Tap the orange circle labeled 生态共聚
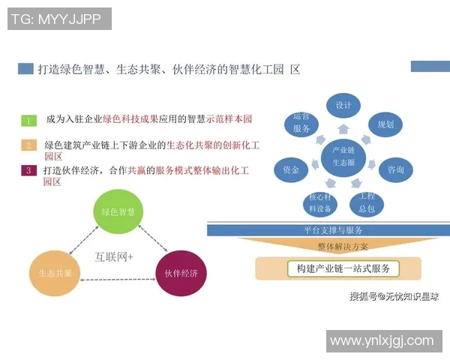coord(55,273)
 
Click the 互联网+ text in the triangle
coord(114,256)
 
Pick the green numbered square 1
coord(28,120)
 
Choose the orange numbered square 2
coord(28,145)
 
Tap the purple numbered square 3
coord(28,170)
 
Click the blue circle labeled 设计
coord(343,106)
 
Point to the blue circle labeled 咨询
coord(395,170)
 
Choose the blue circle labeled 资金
coord(291,170)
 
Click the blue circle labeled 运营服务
coord(301,124)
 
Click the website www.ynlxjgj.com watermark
coord(382,340)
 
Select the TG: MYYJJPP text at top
coord(59,19)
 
